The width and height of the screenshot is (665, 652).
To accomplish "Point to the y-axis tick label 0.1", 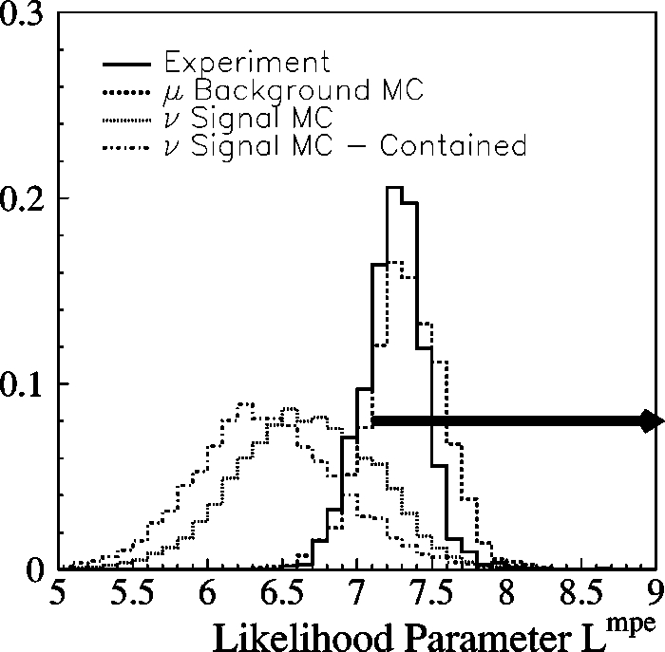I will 22,383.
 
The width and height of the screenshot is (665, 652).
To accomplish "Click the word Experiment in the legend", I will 246,64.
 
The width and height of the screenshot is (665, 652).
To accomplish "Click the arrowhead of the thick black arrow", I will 652,420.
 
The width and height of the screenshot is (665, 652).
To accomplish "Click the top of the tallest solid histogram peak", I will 395,188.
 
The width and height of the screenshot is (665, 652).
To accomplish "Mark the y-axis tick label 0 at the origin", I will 34,568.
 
